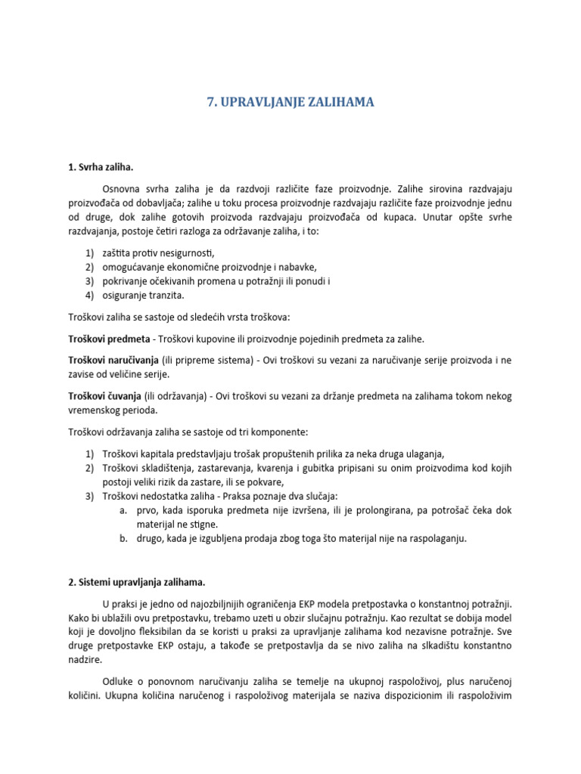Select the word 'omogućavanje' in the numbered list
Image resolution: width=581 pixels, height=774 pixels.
[x=132, y=267]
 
